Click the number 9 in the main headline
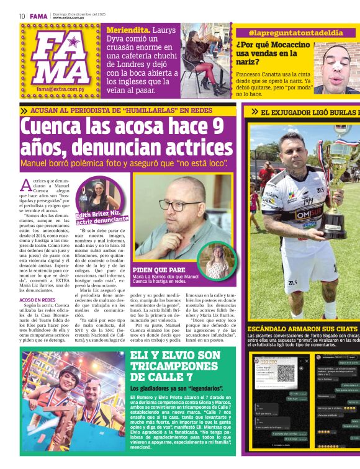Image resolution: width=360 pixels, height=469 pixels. [x=216, y=129]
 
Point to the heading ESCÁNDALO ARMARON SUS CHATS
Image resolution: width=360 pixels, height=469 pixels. [x=303, y=329]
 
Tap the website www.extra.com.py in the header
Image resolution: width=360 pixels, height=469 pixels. [x=69, y=18]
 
